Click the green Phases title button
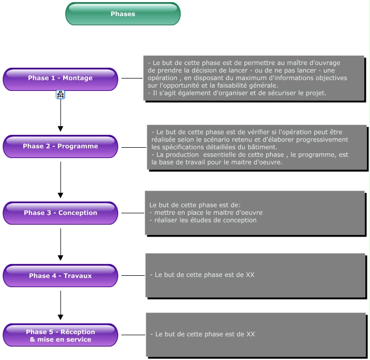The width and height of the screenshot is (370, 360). tap(123, 13)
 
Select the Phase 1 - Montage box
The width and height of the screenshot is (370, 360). tap(60, 79)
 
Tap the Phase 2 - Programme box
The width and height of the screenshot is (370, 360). tap(60, 147)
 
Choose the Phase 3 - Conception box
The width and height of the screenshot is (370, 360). tap(60, 213)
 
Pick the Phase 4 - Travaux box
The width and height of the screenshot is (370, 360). tap(60, 275)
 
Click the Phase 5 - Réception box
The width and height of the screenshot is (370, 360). tap(60, 335)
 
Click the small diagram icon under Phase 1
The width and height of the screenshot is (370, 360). tap(60, 95)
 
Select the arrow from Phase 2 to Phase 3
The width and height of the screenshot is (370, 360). tap(60, 180)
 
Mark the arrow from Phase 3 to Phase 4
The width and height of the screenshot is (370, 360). tap(60, 244)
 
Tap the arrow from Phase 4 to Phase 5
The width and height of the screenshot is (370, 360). tap(60, 305)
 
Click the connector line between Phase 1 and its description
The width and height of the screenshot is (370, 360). tap(132, 78)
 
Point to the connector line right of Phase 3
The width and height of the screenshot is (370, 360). tap(133, 213)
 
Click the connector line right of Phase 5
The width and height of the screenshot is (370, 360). tap(133, 335)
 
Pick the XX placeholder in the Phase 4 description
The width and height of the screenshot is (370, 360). tap(250, 275)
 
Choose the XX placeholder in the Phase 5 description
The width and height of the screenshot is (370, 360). tap(251, 334)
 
